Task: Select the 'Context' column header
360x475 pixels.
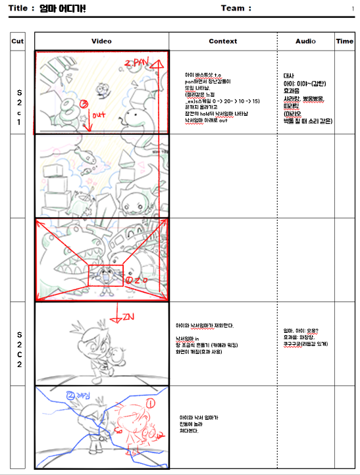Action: pos(222,41)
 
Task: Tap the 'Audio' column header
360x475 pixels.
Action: pos(305,41)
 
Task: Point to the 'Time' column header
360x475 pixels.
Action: pos(344,41)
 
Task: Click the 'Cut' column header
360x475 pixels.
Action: pos(18,41)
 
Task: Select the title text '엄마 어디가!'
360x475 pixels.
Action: pos(63,9)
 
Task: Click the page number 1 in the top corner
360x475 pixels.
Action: pos(352,9)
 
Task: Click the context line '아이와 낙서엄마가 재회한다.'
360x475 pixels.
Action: pos(205,326)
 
